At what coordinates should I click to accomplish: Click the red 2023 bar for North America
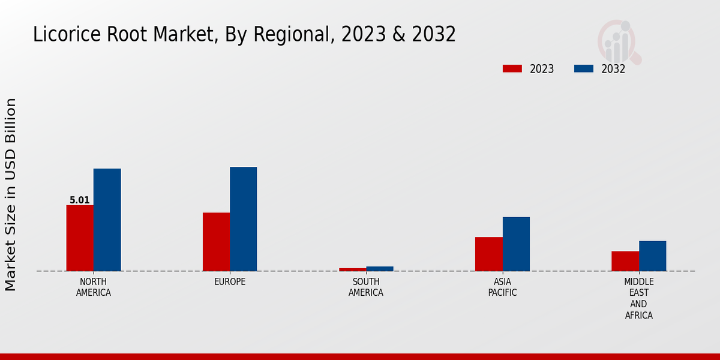coord(80,238)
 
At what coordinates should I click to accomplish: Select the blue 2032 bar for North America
coord(107,220)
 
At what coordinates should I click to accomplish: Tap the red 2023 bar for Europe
coord(216,242)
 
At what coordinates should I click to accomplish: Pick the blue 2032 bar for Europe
coord(243,219)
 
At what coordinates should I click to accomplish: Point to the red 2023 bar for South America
coord(352,269)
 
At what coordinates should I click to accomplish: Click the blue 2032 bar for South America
coord(380,269)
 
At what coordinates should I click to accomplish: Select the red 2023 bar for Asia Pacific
coord(488,254)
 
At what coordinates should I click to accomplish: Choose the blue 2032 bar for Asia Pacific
coord(516,244)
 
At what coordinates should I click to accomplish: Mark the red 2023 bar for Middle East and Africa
coord(625,261)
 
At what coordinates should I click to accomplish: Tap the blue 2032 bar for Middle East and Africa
coord(652,256)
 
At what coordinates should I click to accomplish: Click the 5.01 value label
coord(80,200)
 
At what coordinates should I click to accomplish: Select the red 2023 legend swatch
coord(512,69)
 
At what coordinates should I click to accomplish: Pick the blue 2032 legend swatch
coord(583,69)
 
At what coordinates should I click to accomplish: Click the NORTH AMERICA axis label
coord(94,287)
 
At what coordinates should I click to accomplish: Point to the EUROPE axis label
coord(230,282)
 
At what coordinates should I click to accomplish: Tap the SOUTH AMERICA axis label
coord(366,287)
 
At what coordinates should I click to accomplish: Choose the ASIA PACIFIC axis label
coord(502,287)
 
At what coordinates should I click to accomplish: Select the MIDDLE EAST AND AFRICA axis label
coord(639,298)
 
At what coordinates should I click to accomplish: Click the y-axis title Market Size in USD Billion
coord(11,194)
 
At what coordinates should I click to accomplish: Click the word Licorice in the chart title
coord(64,34)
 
